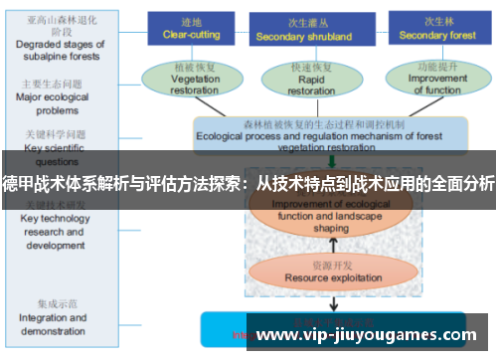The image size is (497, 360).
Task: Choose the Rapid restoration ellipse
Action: [311, 78]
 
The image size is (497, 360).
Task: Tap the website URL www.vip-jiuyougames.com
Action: [367, 336]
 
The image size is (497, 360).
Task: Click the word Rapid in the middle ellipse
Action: [311, 79]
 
